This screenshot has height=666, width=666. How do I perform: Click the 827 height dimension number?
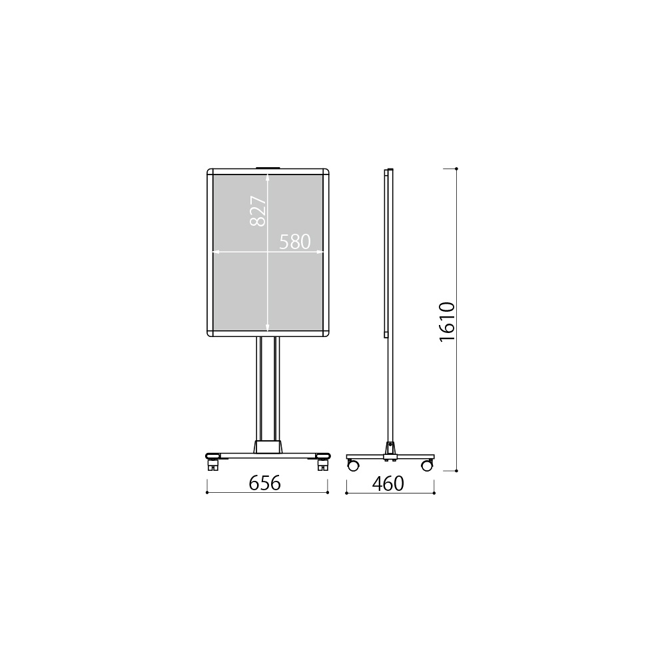[258, 210]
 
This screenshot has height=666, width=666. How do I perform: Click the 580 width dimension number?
[295, 242]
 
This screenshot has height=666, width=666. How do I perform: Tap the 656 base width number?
[264, 483]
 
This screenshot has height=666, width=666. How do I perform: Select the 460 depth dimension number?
[388, 483]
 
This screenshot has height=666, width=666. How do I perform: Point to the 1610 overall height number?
[448, 322]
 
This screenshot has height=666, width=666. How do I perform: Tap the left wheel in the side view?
[353, 465]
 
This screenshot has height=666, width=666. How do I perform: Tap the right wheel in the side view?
[427, 465]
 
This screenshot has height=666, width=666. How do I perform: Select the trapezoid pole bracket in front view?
[268, 447]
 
